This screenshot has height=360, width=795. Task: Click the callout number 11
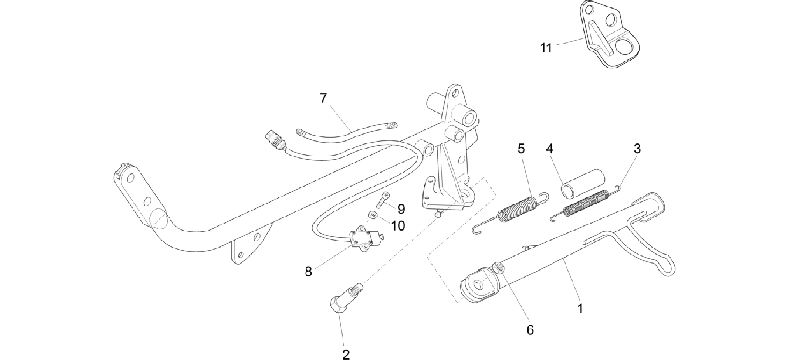tap(546, 49)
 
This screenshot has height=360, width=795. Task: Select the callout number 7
tap(324, 98)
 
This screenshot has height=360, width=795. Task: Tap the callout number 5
tap(521, 149)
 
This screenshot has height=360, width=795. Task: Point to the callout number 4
tap(550, 149)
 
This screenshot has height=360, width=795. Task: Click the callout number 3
tap(637, 149)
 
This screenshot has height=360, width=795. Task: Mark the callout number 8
tap(308, 272)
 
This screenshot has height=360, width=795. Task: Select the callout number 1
tap(580, 309)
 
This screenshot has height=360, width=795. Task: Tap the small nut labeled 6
tap(498, 267)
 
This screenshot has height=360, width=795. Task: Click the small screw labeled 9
tap(383, 199)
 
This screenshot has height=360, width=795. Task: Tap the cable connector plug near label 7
tap(274, 141)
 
